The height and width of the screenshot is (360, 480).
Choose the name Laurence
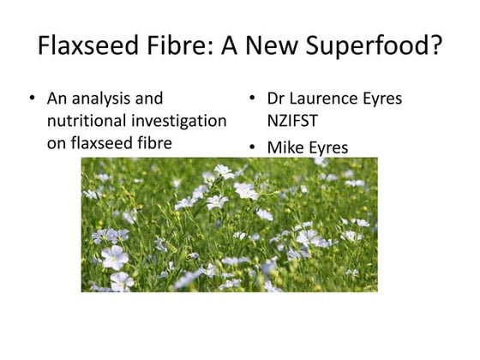pos(328,99)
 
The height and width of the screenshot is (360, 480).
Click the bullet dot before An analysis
pos(32,99)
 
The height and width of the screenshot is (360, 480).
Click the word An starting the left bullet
pos(57,99)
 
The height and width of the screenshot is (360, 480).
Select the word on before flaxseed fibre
pos(57,143)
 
